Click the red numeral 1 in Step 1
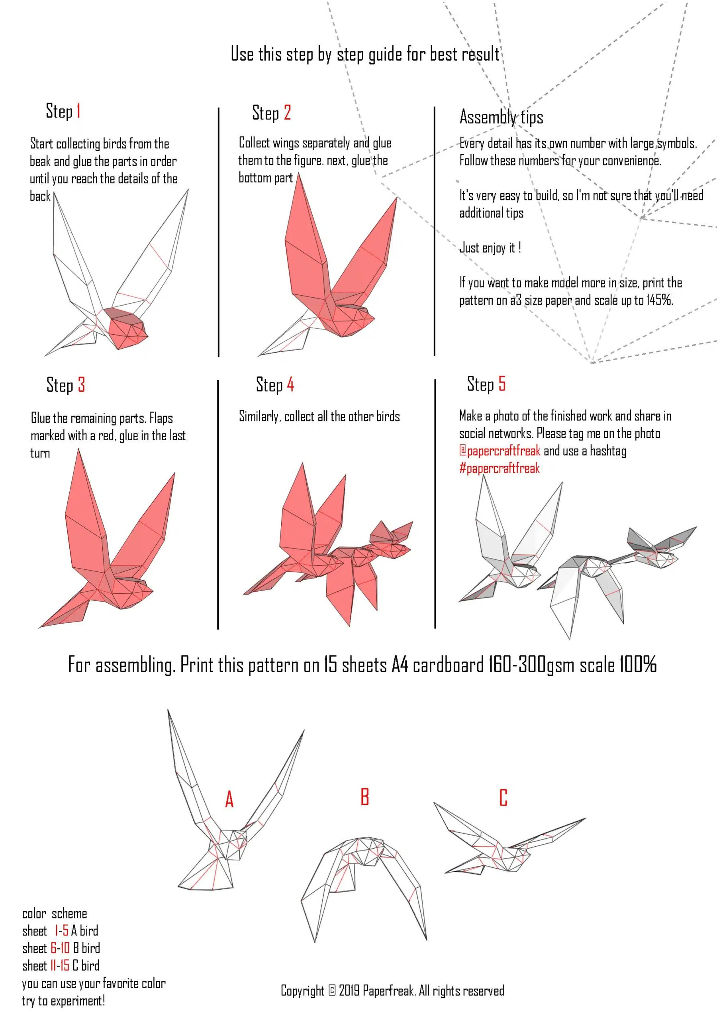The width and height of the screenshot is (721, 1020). (78, 111)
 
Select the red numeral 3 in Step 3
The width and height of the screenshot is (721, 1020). (81, 385)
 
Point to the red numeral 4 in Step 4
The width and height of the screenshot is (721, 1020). (290, 384)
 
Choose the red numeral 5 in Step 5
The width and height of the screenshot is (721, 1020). (502, 383)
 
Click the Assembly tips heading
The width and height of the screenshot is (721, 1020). (501, 117)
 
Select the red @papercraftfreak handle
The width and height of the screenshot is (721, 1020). (500, 451)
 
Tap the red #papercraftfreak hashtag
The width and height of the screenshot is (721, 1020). (500, 468)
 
